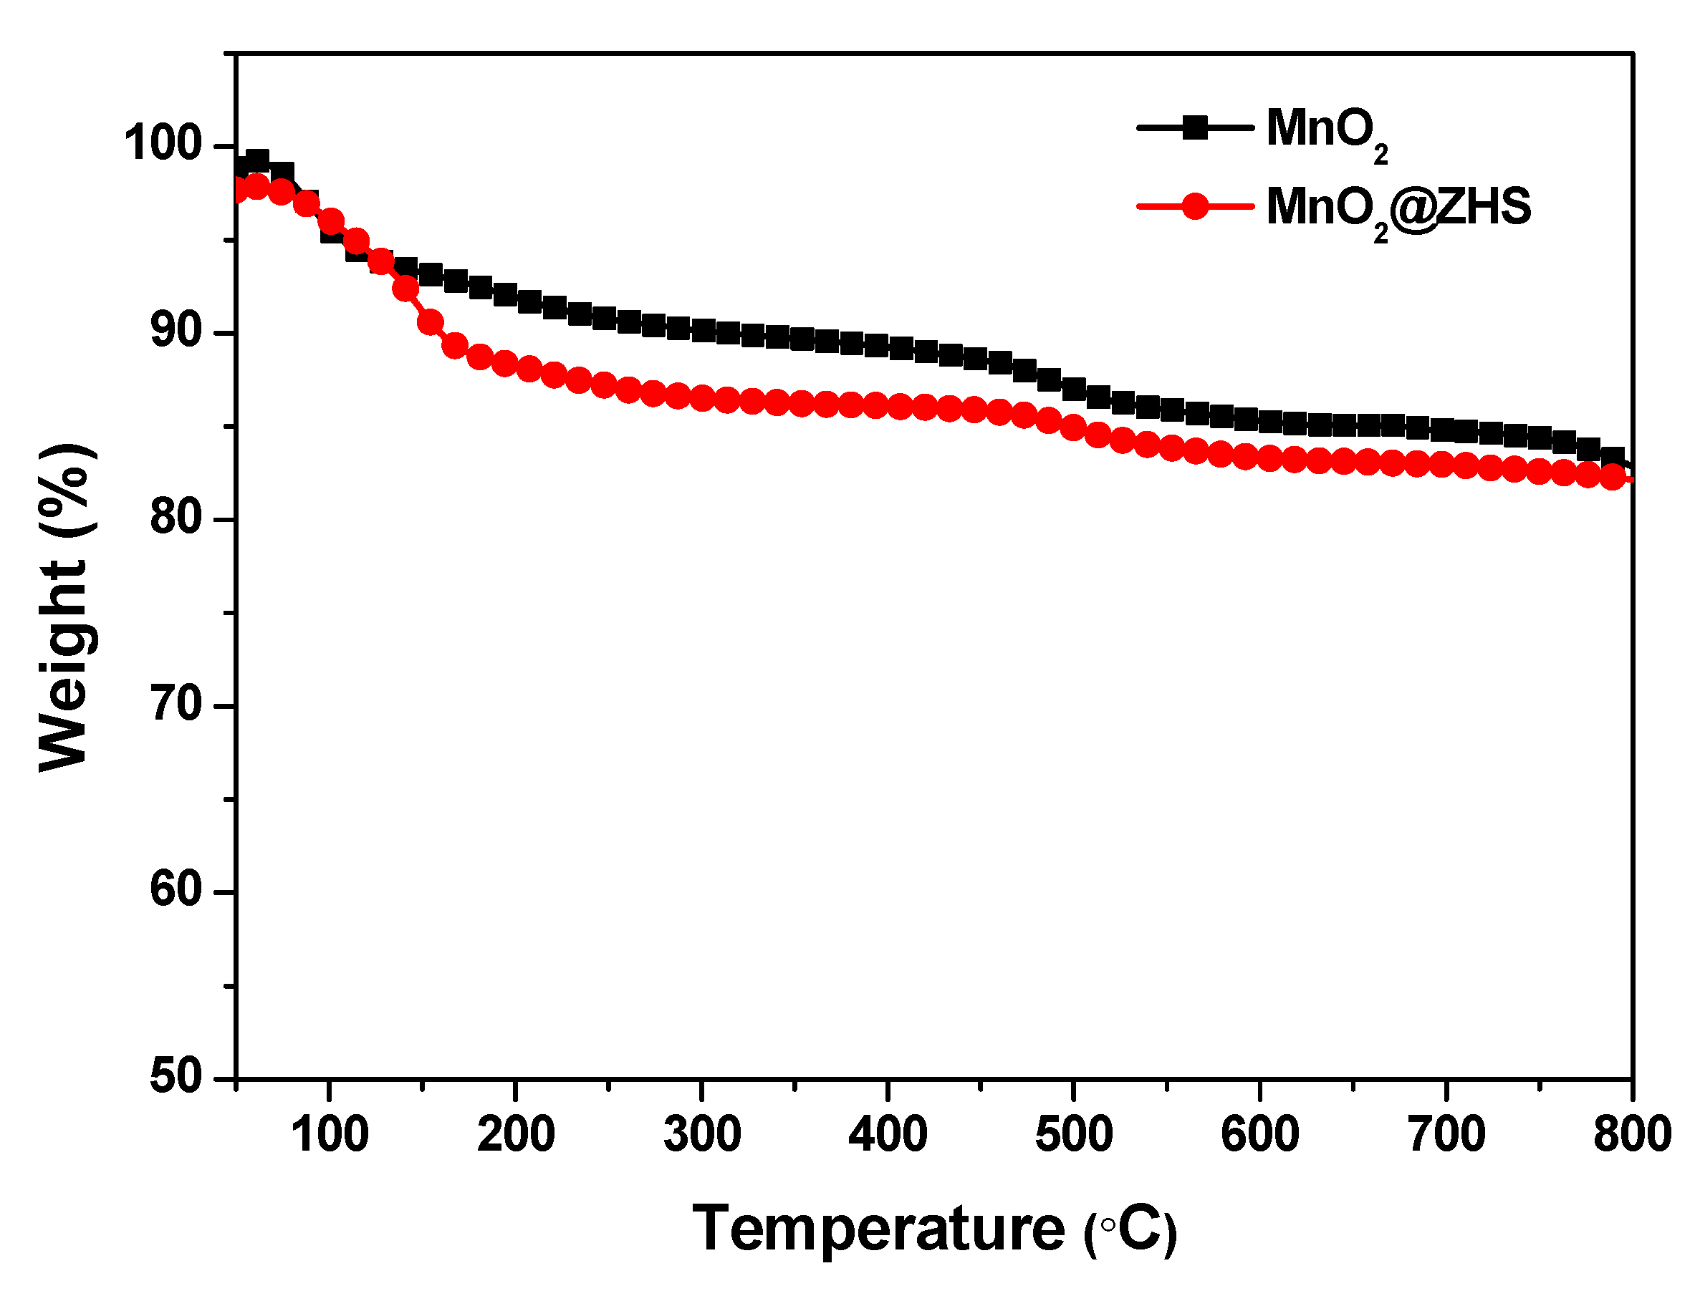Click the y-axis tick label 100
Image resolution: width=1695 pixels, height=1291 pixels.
coord(162,143)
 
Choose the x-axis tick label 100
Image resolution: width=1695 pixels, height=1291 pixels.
coord(330,1134)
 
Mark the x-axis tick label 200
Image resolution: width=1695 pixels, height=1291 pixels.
coord(516,1134)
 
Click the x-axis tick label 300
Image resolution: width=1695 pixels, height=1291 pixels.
coord(702,1134)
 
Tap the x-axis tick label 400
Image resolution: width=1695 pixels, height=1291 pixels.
coord(888,1134)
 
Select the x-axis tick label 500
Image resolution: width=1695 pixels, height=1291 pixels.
coord(1074,1134)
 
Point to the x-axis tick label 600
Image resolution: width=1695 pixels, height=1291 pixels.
coord(1260,1134)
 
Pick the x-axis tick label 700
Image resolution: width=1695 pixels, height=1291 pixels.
coord(1446,1134)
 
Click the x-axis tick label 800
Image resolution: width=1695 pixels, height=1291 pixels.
coord(1632,1134)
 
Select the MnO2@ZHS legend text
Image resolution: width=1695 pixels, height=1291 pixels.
coord(1398,208)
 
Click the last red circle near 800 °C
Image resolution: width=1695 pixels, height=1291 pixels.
coord(1613,477)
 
